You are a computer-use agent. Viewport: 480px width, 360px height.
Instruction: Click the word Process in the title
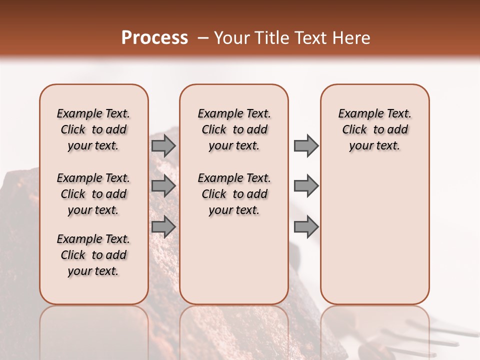coord(154,37)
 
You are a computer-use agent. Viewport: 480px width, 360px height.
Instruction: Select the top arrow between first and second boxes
coord(163,146)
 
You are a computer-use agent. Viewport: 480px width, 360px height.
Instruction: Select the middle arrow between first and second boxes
coord(163,186)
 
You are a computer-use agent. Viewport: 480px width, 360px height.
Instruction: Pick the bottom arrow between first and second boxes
coord(163,226)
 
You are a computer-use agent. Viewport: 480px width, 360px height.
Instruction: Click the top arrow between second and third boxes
coord(306,146)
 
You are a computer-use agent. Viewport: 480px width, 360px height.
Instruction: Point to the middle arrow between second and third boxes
coord(306,186)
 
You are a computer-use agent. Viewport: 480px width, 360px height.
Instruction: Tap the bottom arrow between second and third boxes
coord(306,226)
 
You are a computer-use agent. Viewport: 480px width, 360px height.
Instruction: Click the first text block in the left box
coord(93,129)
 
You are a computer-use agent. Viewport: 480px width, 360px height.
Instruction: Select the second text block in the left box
coord(93,194)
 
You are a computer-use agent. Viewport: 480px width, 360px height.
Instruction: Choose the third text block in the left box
coord(93,255)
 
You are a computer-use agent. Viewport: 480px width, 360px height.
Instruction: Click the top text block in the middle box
coord(234,129)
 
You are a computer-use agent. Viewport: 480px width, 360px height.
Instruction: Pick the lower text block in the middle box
coord(234,194)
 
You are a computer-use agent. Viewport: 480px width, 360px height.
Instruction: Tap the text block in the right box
coord(374,129)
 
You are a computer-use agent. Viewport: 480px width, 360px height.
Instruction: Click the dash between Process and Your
coord(202,38)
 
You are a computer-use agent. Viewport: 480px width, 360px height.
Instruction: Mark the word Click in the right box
coord(354,129)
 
